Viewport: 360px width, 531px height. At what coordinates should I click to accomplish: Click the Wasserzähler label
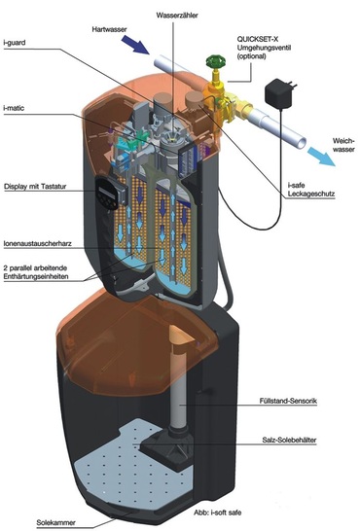pos(177,16)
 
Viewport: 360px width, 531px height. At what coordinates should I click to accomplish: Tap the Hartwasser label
pos(109,29)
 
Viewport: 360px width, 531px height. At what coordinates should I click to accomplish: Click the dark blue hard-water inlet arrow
pos(135,45)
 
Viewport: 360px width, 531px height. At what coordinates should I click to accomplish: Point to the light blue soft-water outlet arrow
pos(321,157)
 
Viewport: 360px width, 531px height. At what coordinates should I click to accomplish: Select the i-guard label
pos(15,43)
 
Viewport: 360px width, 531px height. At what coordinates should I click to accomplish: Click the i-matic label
pos(14,108)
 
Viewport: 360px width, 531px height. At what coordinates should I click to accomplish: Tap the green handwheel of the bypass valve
pos(216,61)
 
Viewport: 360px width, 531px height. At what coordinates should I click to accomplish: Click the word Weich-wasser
pos(343,145)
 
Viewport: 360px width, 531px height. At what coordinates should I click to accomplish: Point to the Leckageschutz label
pos(311,194)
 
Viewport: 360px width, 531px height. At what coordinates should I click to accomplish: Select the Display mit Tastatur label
pos(35,187)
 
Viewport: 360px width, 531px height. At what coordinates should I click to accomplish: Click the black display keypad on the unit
pos(108,193)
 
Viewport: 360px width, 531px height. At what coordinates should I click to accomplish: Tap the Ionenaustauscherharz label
pos(38,243)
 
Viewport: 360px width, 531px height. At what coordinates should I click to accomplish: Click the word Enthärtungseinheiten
pos(36,276)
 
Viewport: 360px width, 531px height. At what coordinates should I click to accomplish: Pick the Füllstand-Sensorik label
pos(288,401)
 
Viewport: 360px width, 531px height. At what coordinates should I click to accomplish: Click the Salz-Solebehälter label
pos(289,441)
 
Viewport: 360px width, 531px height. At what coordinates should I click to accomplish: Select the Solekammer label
pos(55,522)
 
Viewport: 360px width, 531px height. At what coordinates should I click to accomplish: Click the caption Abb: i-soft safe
pos(217,513)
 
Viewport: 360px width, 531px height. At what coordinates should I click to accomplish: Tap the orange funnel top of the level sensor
pos(182,335)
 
